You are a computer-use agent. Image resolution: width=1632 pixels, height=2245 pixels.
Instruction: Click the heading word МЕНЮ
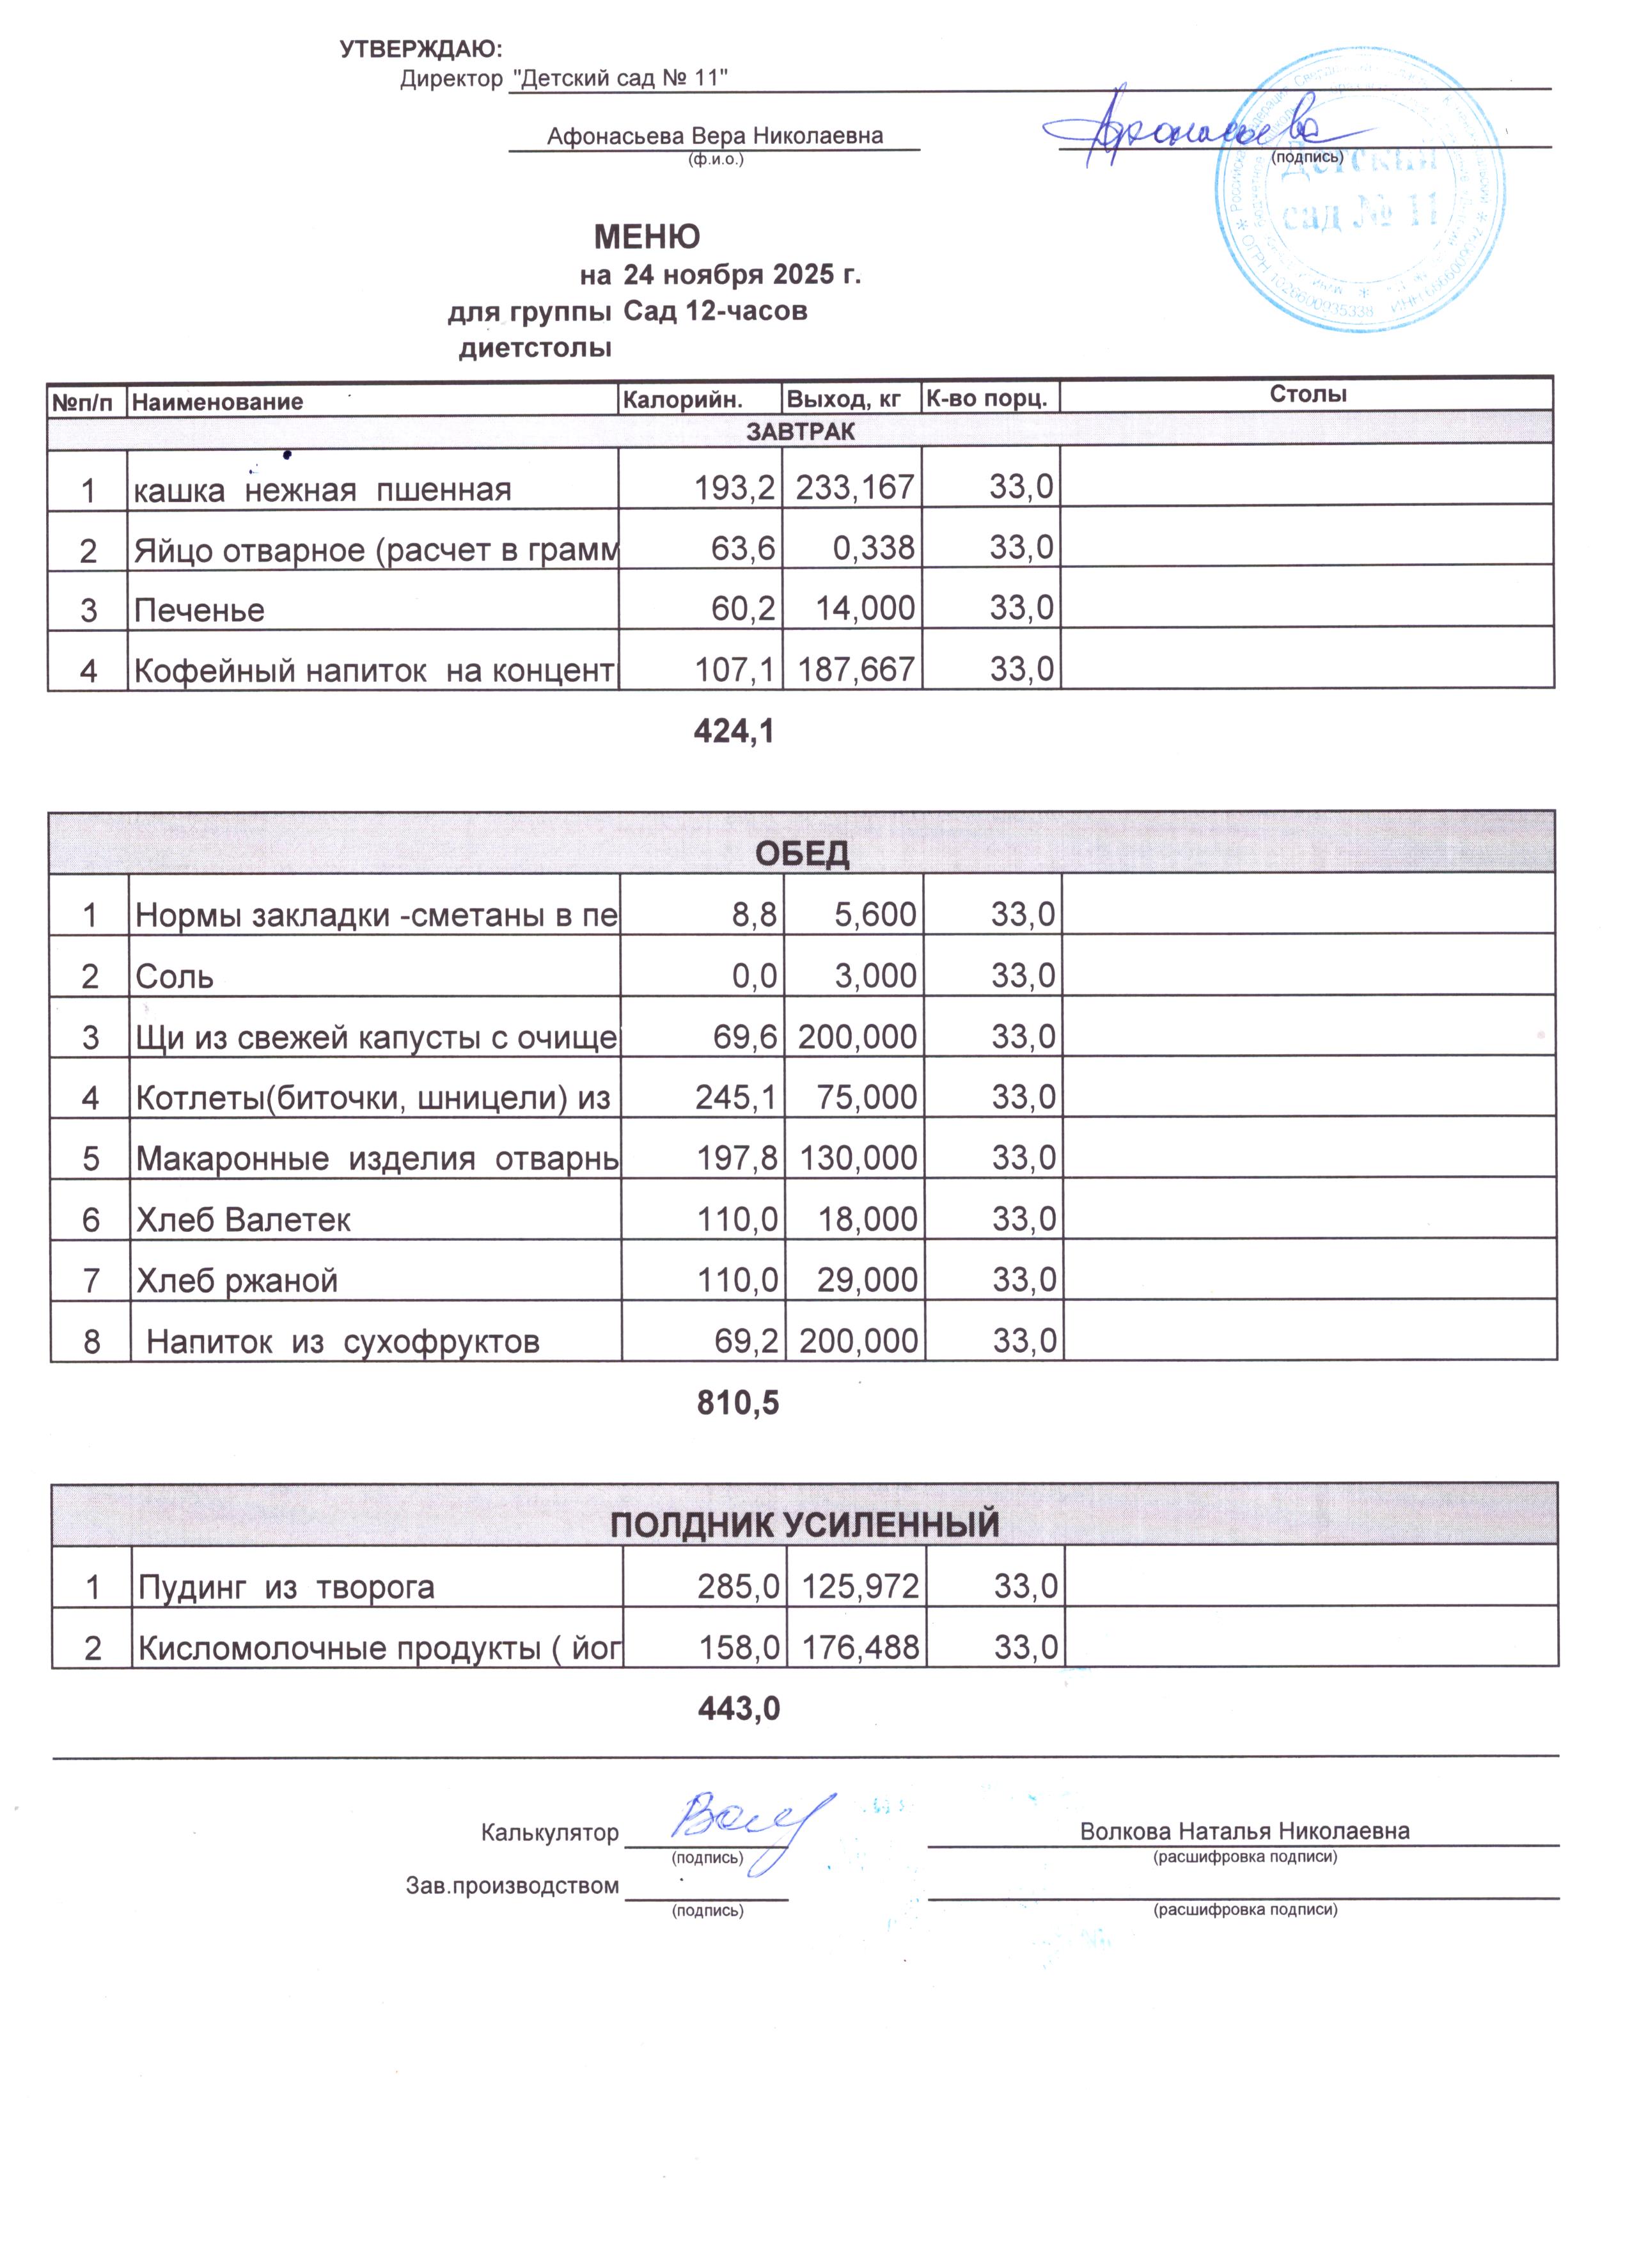click(647, 237)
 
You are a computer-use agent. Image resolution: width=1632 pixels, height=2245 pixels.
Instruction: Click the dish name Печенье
click(199, 610)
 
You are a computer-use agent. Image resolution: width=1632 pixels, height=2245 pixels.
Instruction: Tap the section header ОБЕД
click(802, 853)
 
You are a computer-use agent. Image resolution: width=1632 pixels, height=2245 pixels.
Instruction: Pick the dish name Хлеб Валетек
click(244, 1220)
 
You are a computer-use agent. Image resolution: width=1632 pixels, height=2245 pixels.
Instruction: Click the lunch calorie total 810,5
click(737, 1403)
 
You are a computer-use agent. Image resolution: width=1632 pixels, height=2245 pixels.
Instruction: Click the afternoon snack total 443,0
click(739, 1708)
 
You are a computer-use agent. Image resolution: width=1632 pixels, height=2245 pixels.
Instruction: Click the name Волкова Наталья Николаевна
click(1244, 1831)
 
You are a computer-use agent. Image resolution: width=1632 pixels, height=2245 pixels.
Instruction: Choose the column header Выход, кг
click(843, 400)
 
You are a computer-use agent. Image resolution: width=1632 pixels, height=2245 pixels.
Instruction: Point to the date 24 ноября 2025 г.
click(742, 274)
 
